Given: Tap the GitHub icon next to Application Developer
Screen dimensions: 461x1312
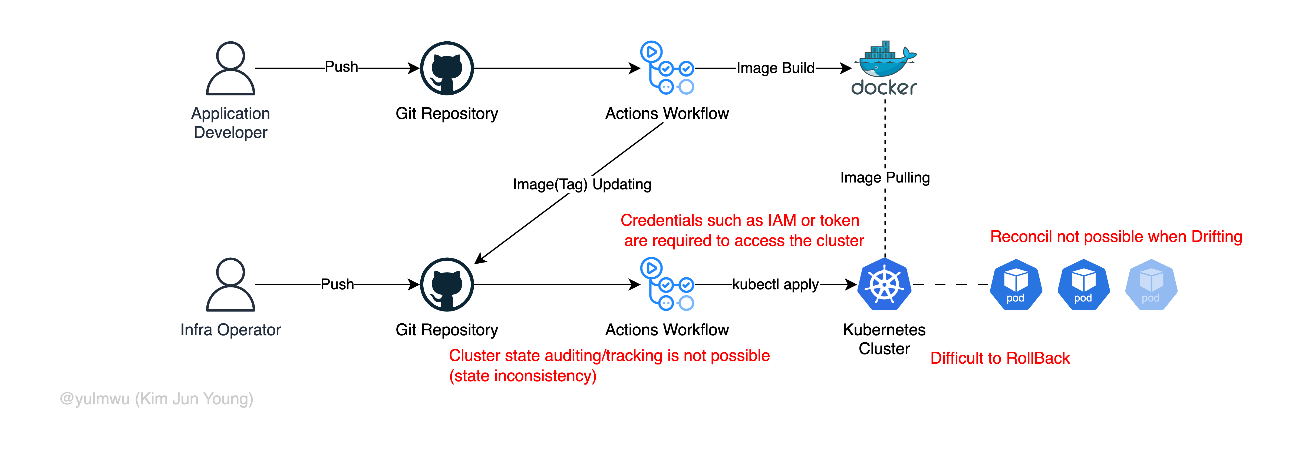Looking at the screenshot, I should [447, 68].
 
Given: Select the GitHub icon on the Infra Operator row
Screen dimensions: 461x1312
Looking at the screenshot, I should [447, 284].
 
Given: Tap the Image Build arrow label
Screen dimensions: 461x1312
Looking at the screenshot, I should [775, 68].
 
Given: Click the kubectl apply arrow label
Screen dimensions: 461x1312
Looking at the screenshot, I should [775, 284].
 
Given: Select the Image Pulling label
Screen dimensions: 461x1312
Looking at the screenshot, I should [885, 178].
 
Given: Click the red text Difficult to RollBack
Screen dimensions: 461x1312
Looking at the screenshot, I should [1000, 358].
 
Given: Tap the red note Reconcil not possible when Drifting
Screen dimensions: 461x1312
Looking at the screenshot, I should [1116, 237].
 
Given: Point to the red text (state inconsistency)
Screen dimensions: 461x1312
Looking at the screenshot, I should [523, 376].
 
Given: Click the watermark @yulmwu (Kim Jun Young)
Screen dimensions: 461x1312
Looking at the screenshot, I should [156, 399].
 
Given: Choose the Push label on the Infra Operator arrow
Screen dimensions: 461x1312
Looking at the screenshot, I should [337, 284].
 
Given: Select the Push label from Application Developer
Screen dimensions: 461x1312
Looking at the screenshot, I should [341, 67].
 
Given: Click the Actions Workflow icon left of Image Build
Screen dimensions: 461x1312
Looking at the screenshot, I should [667, 68].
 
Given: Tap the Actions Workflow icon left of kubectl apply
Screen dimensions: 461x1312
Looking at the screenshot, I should [667, 284].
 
